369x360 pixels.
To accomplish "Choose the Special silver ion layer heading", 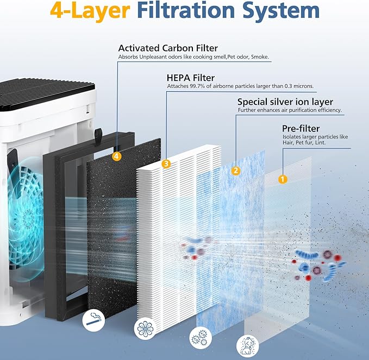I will click(x=285, y=102).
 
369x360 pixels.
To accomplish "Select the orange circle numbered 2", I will click(x=235, y=170).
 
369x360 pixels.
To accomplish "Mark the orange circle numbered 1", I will click(x=282, y=178).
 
